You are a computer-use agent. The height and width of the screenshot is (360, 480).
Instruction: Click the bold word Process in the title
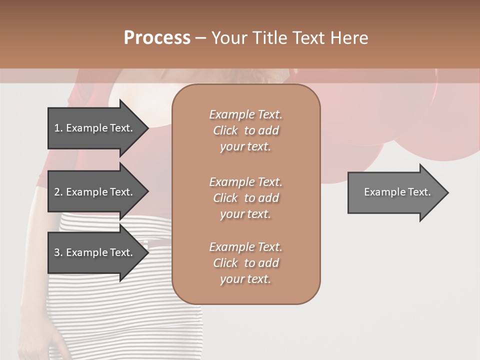click(x=157, y=38)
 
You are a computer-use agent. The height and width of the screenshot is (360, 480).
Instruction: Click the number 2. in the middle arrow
click(x=58, y=192)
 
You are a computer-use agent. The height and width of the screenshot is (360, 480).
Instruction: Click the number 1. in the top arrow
click(x=58, y=128)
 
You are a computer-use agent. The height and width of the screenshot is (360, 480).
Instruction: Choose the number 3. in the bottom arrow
click(x=58, y=252)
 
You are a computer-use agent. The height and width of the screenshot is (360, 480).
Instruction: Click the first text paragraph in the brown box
click(x=245, y=130)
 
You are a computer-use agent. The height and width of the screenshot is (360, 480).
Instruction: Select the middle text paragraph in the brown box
click(x=245, y=198)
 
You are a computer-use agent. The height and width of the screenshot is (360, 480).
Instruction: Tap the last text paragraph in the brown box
click(x=245, y=263)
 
